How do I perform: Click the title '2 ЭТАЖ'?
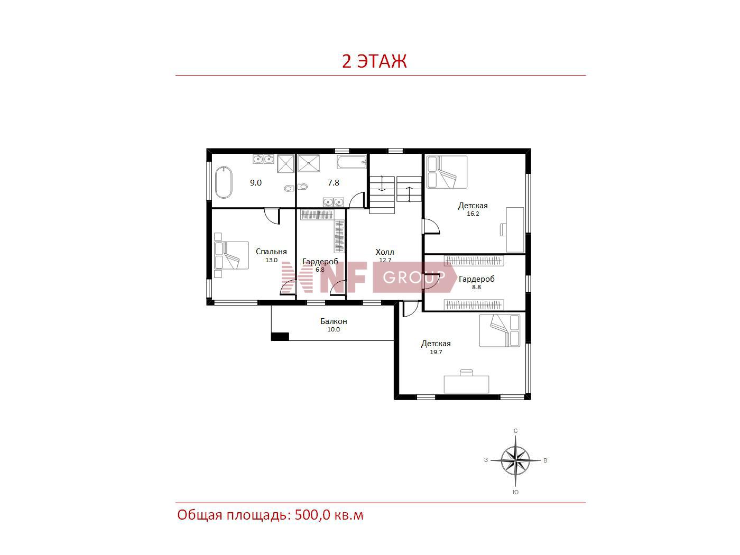click(374, 61)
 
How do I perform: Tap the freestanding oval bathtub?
click(224, 182)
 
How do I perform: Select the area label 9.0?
click(255, 183)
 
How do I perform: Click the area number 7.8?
click(334, 183)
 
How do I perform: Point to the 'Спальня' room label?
click(271, 252)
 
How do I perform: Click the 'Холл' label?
click(385, 252)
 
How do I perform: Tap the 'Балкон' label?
click(334, 321)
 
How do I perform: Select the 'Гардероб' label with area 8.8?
click(476, 279)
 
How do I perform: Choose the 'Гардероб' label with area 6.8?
click(320, 262)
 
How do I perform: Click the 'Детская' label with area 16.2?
click(473, 205)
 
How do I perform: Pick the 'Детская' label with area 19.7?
click(436, 344)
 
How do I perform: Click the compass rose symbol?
click(515, 460)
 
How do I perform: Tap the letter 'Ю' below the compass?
click(515, 492)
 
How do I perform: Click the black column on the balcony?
click(280, 336)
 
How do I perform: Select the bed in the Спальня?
click(232, 255)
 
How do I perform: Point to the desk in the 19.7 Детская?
click(466, 384)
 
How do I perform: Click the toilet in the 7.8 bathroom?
click(302, 186)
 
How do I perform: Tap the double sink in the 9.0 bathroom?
click(263, 159)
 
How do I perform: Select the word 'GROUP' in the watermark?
click(414, 277)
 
